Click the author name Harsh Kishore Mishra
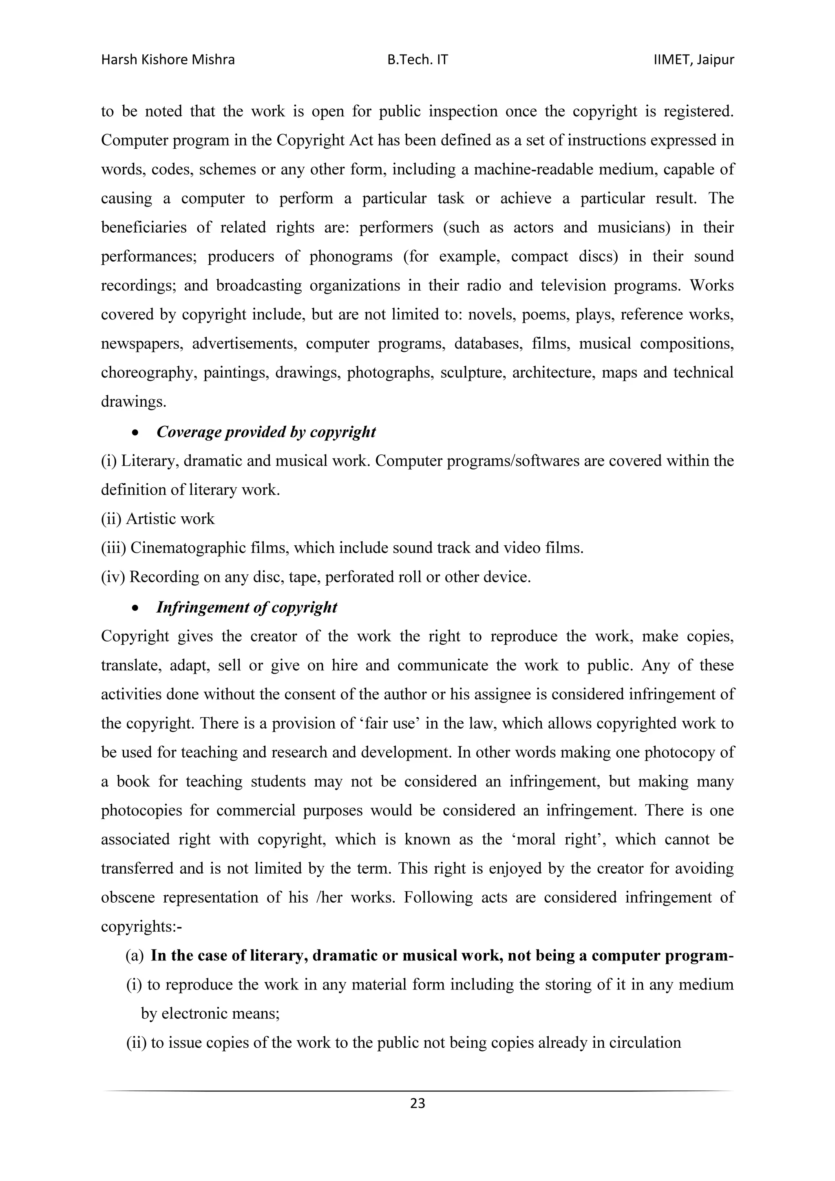(x=168, y=60)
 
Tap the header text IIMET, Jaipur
(x=694, y=60)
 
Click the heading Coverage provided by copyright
(x=266, y=432)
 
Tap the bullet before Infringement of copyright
(x=135, y=608)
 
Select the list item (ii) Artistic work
(x=157, y=518)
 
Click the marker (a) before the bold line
(x=135, y=956)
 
